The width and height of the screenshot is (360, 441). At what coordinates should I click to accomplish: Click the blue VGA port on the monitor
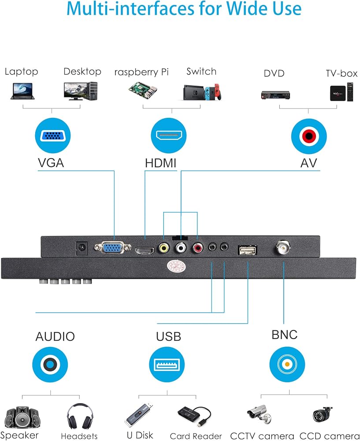click(x=112, y=247)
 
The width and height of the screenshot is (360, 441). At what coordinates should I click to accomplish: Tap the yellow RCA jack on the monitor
click(x=164, y=248)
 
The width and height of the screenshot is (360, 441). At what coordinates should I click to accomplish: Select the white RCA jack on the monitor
click(x=181, y=247)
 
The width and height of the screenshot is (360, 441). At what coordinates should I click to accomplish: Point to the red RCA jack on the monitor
click(x=198, y=248)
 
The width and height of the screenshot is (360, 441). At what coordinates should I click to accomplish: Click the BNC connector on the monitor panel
click(x=283, y=247)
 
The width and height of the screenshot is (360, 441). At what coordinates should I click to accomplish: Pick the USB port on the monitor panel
click(x=248, y=250)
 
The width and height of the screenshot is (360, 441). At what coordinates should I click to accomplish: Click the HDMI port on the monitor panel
click(x=145, y=250)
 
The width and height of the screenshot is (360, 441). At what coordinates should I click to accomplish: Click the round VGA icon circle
click(x=53, y=135)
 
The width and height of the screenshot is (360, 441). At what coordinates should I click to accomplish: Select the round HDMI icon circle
click(x=169, y=135)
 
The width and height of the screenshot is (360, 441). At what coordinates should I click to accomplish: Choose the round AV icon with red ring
click(x=309, y=136)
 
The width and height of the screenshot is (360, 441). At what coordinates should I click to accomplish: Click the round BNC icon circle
click(x=287, y=364)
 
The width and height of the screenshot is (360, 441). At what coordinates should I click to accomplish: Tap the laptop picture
click(x=22, y=91)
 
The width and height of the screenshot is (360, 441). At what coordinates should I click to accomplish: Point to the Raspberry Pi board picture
click(x=143, y=90)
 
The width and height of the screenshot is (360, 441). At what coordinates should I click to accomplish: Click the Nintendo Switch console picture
click(x=202, y=92)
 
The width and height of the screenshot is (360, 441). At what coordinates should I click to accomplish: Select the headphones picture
click(x=80, y=416)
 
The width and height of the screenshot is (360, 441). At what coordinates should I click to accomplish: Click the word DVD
click(x=274, y=73)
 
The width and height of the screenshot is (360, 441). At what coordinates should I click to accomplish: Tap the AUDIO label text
click(x=55, y=336)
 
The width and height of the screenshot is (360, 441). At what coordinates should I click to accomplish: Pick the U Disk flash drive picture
click(x=139, y=415)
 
